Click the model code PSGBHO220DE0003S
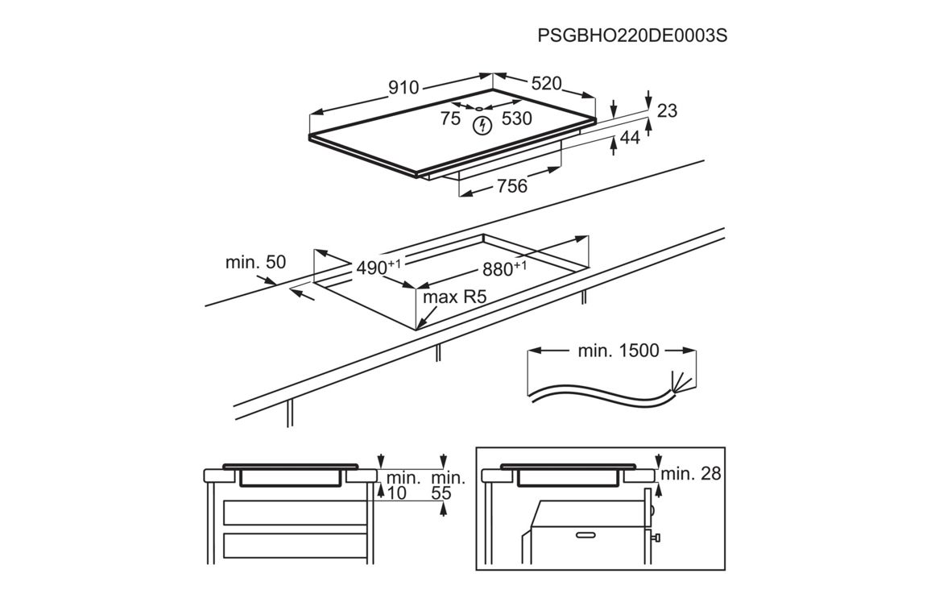pyautogui.click(x=626, y=36)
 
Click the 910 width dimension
pyautogui.click(x=403, y=88)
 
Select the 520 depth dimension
pyautogui.click(x=545, y=84)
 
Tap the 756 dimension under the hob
pyautogui.click(x=511, y=186)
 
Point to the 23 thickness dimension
pyautogui.click(x=667, y=110)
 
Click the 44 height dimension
pyautogui.click(x=630, y=138)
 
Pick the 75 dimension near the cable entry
pyautogui.click(x=450, y=119)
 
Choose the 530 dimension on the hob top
pyautogui.click(x=516, y=119)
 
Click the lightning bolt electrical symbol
pyautogui.click(x=482, y=125)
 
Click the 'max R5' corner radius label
pyautogui.click(x=456, y=297)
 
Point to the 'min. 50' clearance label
pyautogui.click(x=255, y=262)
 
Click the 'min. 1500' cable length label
pyautogui.click(x=619, y=351)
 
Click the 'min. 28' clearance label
pyautogui.click(x=691, y=474)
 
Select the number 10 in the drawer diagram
pyautogui.click(x=396, y=493)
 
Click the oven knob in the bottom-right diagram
pyautogui.click(x=657, y=536)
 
